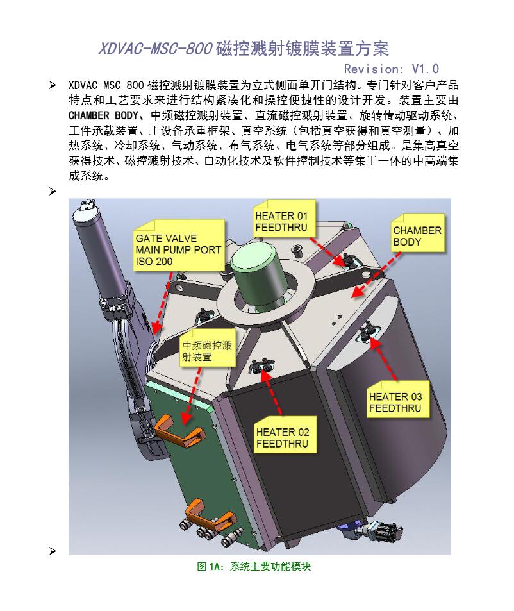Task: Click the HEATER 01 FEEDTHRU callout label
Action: pos(284,219)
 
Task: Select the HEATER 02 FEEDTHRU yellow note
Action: pos(285,435)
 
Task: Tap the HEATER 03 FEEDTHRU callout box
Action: pos(397,399)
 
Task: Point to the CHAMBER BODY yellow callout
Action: pos(417,233)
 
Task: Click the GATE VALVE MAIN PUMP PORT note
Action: pos(179,245)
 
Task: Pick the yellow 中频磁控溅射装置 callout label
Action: pos(208,348)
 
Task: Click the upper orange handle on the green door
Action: pos(180,431)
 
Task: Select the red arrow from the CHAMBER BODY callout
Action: pos(376,274)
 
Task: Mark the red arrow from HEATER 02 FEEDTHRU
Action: pos(272,392)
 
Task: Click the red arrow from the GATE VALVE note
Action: pos(163,303)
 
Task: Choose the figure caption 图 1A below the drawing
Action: pos(254,566)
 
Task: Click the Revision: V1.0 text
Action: pos(392,69)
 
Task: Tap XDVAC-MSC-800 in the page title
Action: pos(155,49)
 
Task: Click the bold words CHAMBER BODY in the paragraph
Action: pos(103,116)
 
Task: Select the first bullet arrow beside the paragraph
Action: pos(53,85)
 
